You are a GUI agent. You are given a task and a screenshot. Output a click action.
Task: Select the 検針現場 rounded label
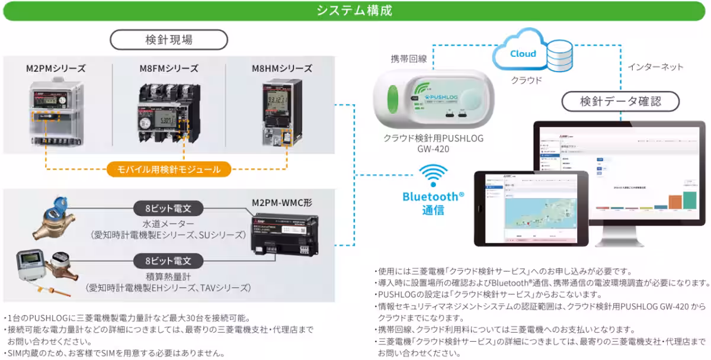(x=169, y=40)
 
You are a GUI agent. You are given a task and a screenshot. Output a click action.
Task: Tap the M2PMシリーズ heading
(x=56, y=69)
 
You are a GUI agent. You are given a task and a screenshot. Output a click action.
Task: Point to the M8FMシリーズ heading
(x=169, y=69)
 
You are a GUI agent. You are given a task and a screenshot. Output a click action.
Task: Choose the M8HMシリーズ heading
(x=281, y=69)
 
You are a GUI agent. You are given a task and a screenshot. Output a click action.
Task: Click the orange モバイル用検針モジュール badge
(x=169, y=170)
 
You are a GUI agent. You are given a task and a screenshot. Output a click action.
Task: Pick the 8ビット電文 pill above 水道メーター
(x=169, y=208)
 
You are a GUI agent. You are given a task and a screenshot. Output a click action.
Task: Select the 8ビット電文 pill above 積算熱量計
(x=169, y=261)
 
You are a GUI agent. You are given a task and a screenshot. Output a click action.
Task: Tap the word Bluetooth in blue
(x=430, y=196)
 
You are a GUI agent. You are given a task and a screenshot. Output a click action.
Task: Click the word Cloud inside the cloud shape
(x=523, y=54)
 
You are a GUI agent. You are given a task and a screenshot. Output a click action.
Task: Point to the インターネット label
(x=655, y=67)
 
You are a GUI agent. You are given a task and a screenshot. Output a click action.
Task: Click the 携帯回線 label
(x=408, y=59)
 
